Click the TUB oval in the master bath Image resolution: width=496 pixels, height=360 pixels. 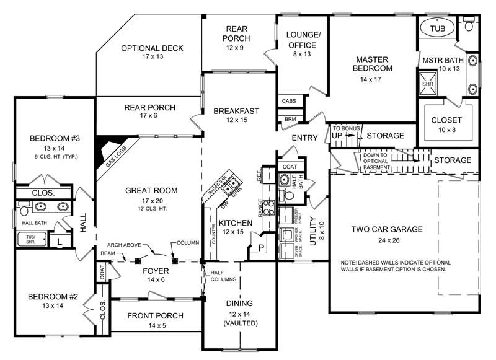[x=438, y=29]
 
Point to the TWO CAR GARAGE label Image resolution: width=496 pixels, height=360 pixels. [x=387, y=229]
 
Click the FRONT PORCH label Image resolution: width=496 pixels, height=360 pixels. [x=155, y=316]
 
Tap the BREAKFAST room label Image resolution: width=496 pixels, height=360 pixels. [x=236, y=111]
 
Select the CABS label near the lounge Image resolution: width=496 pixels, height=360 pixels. [x=288, y=101]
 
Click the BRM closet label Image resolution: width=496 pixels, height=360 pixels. [x=290, y=118]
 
